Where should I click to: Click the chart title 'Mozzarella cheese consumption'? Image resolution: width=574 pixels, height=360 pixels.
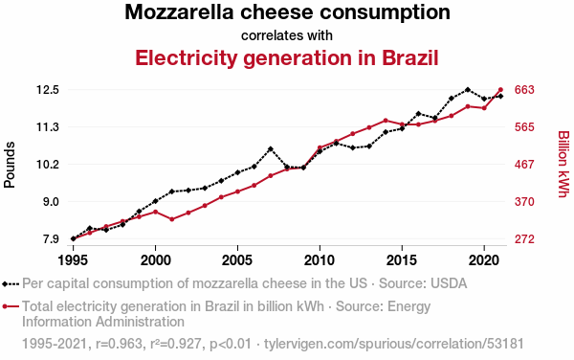287,12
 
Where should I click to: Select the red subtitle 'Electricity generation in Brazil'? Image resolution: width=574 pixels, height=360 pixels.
287,57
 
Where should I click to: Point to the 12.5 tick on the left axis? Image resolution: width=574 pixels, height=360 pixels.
48,90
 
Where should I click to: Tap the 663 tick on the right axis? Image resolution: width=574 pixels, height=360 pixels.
524,90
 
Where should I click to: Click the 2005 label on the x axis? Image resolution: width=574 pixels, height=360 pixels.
237,260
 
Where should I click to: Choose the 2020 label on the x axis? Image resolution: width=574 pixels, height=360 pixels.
484,260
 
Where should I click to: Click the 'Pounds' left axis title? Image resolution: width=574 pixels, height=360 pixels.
10,165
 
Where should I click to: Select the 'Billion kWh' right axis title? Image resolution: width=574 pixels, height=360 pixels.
563,164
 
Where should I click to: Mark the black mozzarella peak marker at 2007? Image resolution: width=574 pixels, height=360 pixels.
271,149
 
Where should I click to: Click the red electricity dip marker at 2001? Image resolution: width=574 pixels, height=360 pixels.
171,219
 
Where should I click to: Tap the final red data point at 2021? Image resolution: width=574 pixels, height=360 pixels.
500,90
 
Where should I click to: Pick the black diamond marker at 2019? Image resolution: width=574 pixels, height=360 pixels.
468,89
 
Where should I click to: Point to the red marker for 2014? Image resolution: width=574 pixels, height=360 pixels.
386,120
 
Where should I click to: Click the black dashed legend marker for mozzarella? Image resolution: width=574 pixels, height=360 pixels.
11,283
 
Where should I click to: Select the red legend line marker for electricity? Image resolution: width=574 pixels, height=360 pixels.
11,306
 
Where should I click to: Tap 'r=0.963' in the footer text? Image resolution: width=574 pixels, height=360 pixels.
119,344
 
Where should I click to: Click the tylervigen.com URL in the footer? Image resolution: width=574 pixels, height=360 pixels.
394,344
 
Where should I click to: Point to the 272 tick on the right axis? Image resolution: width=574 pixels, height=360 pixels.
524,239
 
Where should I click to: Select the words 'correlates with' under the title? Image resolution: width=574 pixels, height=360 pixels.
287,35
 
